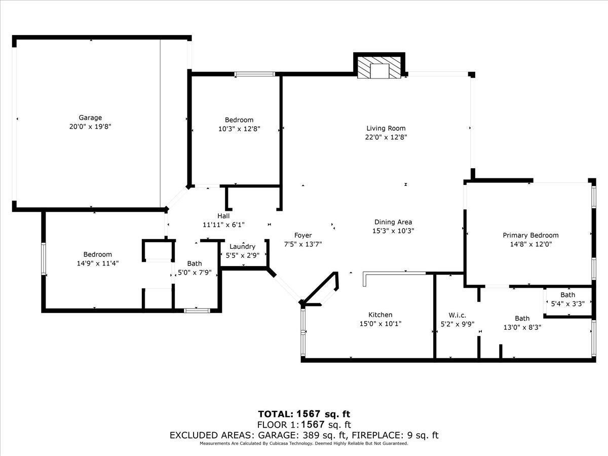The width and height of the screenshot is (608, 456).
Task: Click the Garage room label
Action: (90, 118)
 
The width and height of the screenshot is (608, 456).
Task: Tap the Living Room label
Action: (386, 128)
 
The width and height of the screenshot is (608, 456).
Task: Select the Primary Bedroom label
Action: (530, 235)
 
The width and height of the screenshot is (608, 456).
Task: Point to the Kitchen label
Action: (381, 315)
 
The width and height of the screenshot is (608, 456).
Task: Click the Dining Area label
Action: (393, 222)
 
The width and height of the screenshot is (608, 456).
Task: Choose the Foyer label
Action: (303, 235)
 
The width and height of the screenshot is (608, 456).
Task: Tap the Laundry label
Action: (242, 246)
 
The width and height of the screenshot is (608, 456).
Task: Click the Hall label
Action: (223, 216)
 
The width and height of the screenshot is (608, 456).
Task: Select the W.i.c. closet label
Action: (458, 315)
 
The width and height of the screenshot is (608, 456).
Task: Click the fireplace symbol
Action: (379, 67)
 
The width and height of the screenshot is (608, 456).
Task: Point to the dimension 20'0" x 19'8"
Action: (90, 127)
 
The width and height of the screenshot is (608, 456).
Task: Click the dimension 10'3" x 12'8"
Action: (239, 129)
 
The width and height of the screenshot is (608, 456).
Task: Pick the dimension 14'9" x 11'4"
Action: (98, 263)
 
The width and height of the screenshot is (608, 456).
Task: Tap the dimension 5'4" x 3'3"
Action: (568, 303)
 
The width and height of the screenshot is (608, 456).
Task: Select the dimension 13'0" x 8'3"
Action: (522, 327)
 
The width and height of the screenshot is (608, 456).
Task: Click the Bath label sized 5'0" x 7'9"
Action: (195, 263)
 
